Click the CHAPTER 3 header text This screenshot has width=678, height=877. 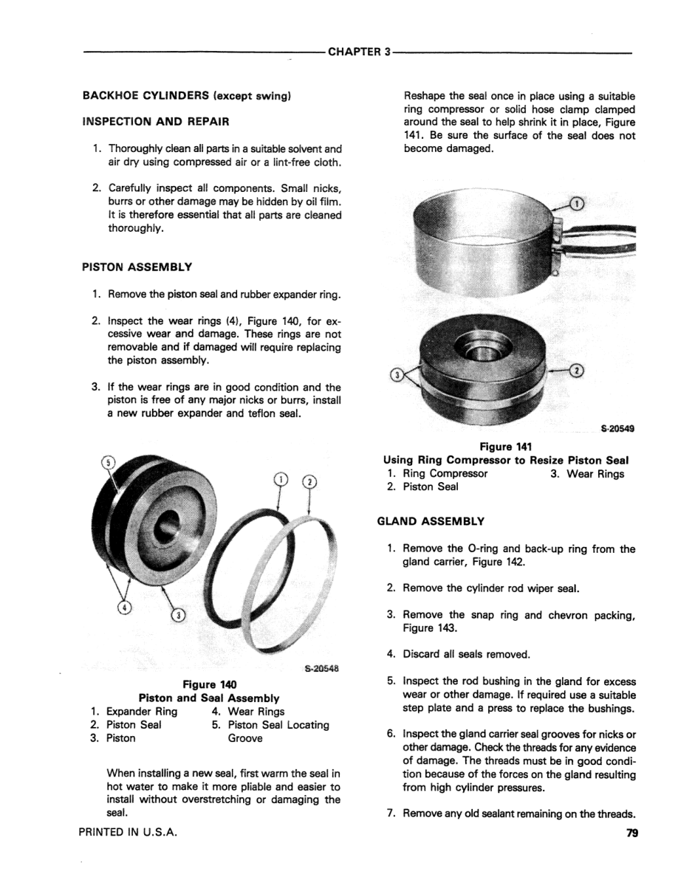point(358,53)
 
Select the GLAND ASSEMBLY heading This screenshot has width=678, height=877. point(431,521)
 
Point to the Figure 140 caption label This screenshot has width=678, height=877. point(208,684)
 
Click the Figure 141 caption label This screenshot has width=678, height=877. point(506,447)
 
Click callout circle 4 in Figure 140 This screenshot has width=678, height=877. point(125,608)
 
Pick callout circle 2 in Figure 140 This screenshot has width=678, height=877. point(310,482)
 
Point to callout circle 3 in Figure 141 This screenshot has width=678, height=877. point(394,374)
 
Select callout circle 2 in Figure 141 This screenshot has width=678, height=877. point(578,371)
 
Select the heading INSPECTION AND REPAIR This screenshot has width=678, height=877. point(154,120)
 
